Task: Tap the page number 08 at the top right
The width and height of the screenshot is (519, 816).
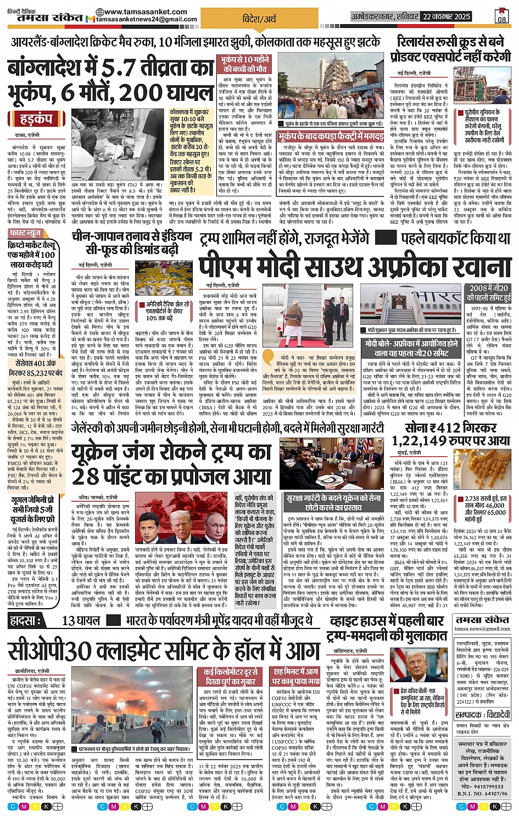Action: click(x=502, y=16)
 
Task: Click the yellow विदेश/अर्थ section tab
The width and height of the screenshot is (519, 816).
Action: click(x=259, y=19)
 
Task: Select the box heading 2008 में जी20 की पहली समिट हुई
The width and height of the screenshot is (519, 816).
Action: click(x=488, y=293)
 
